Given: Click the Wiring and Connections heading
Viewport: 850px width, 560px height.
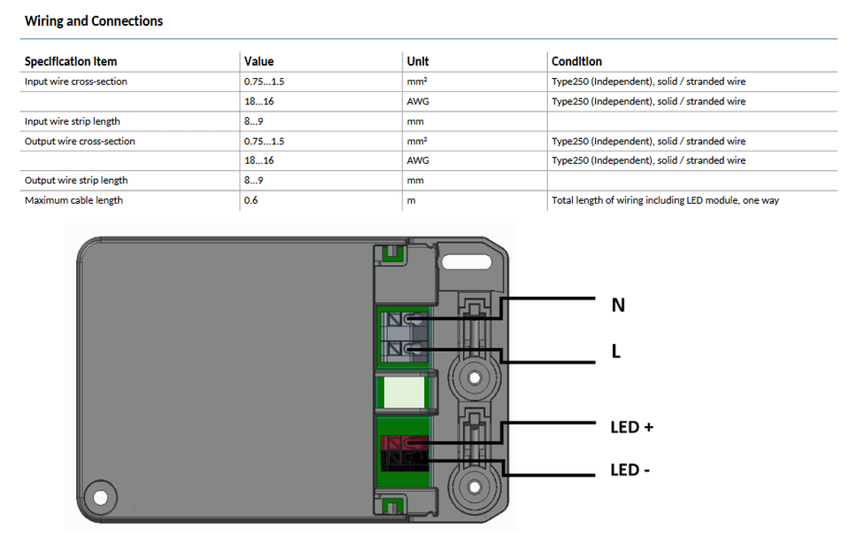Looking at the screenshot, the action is pyautogui.click(x=94, y=21).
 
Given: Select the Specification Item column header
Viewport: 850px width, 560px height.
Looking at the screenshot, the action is pyautogui.click(x=71, y=61).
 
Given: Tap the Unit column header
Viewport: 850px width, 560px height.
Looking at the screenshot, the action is pyautogui.click(x=418, y=61).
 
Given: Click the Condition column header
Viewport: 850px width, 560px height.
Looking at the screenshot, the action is pyautogui.click(x=576, y=61).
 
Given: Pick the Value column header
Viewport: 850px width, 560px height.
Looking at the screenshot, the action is pyautogui.click(x=259, y=61).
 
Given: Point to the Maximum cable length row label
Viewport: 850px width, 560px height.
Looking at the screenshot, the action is pyautogui.click(x=73, y=200).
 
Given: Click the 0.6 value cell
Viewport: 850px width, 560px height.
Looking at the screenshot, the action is pyautogui.click(x=251, y=200).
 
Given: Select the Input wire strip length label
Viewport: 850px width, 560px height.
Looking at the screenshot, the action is pyautogui.click(x=72, y=121).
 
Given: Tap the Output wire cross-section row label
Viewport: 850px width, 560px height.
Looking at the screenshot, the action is pyautogui.click(x=80, y=141).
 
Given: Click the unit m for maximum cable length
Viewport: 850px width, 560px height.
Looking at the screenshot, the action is pyautogui.click(x=412, y=201).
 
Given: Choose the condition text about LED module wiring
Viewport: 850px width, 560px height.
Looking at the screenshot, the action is pyautogui.click(x=665, y=200).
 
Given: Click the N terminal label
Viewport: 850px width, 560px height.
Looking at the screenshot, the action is pyautogui.click(x=618, y=305).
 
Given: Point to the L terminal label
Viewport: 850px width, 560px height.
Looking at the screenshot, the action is pyautogui.click(x=616, y=351).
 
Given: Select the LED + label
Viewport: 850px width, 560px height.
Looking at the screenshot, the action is pyautogui.click(x=631, y=427).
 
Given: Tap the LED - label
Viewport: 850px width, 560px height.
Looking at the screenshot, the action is pyautogui.click(x=630, y=470).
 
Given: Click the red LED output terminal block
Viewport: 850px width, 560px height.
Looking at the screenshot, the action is pyautogui.click(x=404, y=443).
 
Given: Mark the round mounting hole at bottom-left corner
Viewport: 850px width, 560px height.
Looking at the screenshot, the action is pyautogui.click(x=100, y=498).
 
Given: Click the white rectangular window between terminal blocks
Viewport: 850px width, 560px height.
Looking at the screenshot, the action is pyautogui.click(x=404, y=393).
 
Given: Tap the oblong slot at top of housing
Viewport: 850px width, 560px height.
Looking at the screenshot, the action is pyautogui.click(x=467, y=262).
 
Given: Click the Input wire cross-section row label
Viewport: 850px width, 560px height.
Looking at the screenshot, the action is pyautogui.click(x=76, y=82).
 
